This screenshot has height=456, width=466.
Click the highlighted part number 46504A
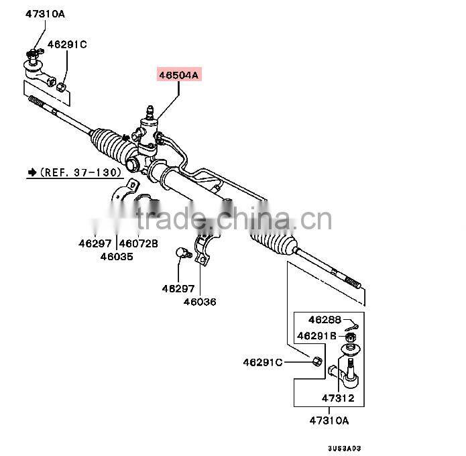178,75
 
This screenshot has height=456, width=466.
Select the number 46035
117,256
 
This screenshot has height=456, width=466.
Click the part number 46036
200,302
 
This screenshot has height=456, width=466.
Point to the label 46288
325,320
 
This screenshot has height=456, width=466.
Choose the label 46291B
317,336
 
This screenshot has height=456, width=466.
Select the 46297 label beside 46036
178,289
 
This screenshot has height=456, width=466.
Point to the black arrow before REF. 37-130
32,172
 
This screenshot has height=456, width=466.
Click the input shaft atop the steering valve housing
149,109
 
